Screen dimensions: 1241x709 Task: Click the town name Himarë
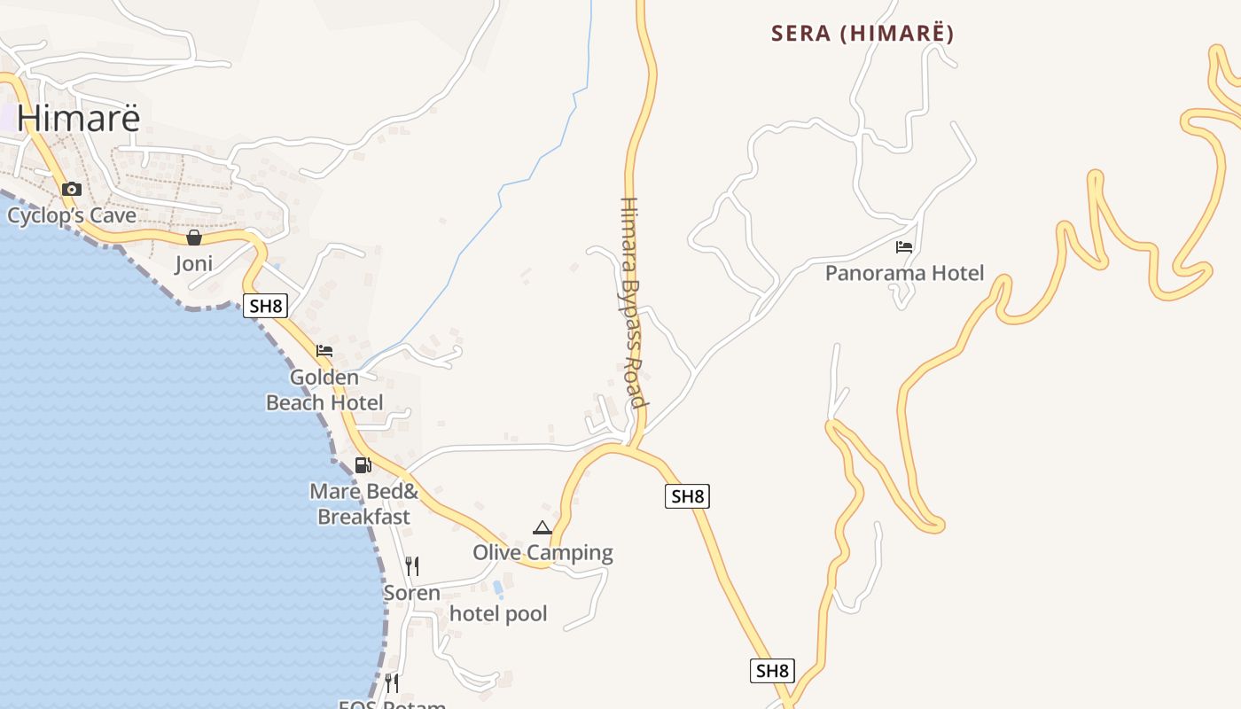pyautogui.click(x=78, y=118)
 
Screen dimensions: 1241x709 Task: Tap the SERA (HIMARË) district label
pyautogui.click(x=862, y=34)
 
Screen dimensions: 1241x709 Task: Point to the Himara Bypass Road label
pyautogui.click(x=630, y=302)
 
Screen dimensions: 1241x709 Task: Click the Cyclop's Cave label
pyautogui.click(x=72, y=215)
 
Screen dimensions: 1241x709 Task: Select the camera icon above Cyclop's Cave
pyautogui.click(x=72, y=189)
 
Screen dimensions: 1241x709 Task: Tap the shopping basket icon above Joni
pyautogui.click(x=194, y=238)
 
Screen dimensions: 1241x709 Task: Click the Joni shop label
pyautogui.click(x=194, y=264)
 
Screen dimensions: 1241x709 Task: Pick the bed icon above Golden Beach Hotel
pyautogui.click(x=324, y=351)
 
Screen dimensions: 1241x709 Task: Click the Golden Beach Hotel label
pyautogui.click(x=324, y=390)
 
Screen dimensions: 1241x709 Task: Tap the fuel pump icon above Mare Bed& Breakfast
pyautogui.click(x=363, y=464)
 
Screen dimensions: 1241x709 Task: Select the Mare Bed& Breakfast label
pyautogui.click(x=363, y=503)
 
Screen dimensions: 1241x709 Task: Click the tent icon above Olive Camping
pyautogui.click(x=542, y=527)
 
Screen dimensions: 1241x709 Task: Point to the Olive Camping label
pyautogui.click(x=542, y=553)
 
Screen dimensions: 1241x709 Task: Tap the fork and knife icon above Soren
pyautogui.click(x=411, y=565)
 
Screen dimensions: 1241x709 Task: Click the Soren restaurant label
pyautogui.click(x=411, y=592)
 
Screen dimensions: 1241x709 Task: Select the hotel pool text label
pyautogui.click(x=498, y=613)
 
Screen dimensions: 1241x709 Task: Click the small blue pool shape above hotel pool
pyautogui.click(x=497, y=587)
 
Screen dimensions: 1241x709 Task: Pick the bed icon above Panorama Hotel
pyautogui.click(x=904, y=247)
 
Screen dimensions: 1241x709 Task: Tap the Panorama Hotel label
pyautogui.click(x=904, y=273)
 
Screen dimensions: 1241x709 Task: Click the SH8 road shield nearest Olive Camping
pyautogui.click(x=687, y=496)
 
